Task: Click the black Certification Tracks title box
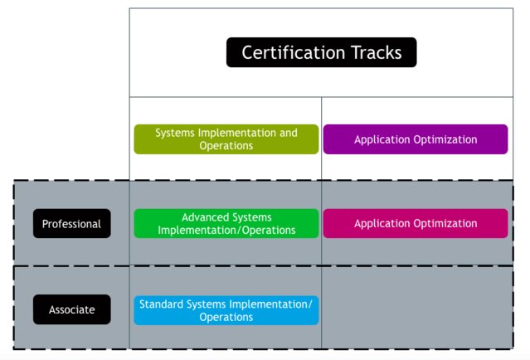[321, 52]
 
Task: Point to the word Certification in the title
[289, 52]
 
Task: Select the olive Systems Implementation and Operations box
[226, 139]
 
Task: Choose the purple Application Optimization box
[416, 139]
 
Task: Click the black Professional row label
[71, 224]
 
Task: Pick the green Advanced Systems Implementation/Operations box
[226, 223]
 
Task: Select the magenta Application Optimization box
[416, 223]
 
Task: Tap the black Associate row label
[71, 310]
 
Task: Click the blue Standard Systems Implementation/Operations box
[226, 310]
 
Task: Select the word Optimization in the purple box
[447, 139]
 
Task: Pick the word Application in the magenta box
[382, 223]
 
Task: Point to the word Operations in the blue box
[226, 317]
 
